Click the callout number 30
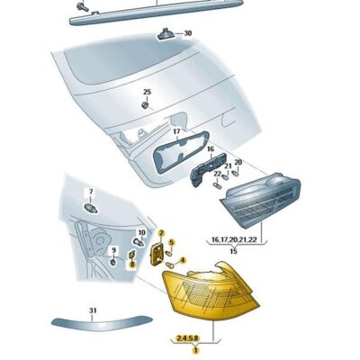click(188, 33)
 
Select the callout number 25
click(148, 92)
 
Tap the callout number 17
click(177, 131)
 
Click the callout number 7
click(90, 192)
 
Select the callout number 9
click(113, 249)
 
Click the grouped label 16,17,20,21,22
click(234, 240)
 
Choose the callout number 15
click(234, 251)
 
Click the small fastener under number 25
click(144, 104)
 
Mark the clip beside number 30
click(166, 35)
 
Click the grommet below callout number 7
click(90, 207)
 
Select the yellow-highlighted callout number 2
click(161, 232)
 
